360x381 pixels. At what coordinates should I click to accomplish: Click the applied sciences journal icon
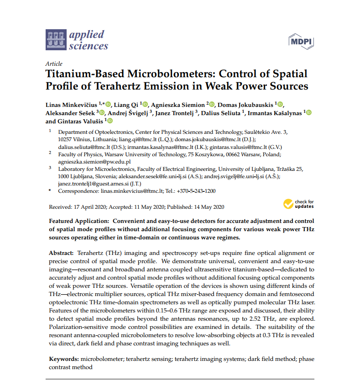click(56, 40)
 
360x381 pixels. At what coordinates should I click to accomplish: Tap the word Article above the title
click(54, 64)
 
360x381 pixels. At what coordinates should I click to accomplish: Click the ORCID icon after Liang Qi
click(146, 104)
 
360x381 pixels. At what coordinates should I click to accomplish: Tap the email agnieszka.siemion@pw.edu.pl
click(94, 162)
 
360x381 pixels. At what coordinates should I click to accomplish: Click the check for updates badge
click(298, 204)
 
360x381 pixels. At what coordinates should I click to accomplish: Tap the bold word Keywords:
click(64, 360)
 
